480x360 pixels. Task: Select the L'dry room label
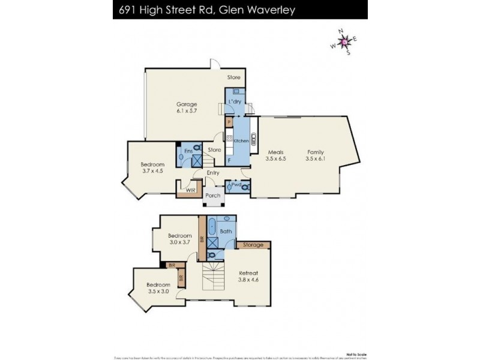[235, 101]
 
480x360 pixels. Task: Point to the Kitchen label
[241, 141]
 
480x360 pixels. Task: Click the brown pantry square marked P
[229, 122]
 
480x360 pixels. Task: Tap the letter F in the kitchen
[229, 160]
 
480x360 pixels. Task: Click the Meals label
[275, 152]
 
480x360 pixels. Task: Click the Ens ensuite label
[187, 151]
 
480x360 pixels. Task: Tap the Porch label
[212, 195]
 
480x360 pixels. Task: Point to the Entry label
[212, 173]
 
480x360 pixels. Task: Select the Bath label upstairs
[226, 231]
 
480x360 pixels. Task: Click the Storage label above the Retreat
[254, 245]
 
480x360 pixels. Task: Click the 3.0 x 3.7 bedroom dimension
[179, 242]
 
